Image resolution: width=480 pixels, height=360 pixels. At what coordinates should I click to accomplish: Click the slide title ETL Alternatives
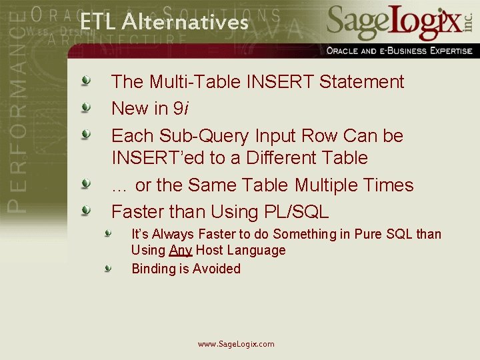coord(164,23)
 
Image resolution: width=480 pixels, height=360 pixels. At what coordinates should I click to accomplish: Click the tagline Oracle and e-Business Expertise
coord(399,51)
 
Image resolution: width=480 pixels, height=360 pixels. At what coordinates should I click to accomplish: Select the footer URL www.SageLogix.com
coord(236,344)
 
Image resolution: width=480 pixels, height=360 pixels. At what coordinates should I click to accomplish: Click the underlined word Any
coord(181,251)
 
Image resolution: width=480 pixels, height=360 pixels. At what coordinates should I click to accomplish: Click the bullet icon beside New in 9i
coord(85,107)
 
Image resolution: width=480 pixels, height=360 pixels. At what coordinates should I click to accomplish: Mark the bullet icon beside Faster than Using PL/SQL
coord(85,211)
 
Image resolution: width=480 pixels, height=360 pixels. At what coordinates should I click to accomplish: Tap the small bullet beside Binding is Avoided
coord(108,268)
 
